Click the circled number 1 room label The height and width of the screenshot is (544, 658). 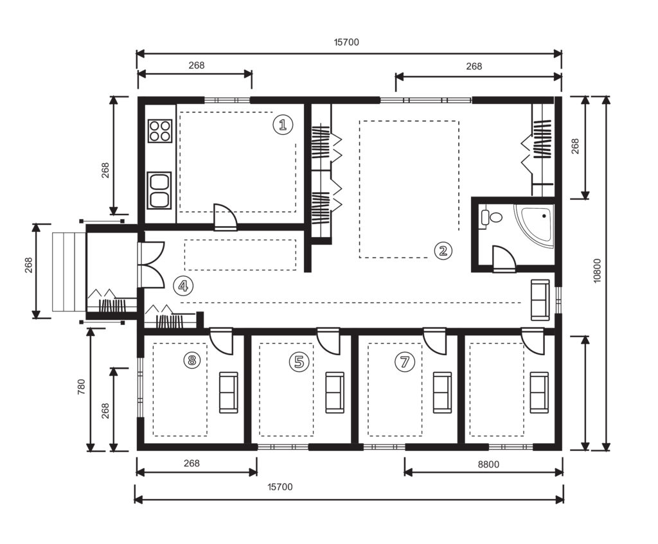tap(283, 125)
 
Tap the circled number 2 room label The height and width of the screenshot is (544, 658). tap(443, 250)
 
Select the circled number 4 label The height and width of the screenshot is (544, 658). tap(183, 286)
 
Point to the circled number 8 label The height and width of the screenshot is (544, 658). tap(192, 360)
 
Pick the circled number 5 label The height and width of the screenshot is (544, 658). tap(299, 361)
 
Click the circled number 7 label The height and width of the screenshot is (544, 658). tap(405, 361)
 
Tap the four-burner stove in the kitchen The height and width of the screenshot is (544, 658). tap(160, 131)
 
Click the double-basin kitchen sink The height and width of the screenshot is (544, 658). tap(159, 190)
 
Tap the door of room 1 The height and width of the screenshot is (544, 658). tap(226, 217)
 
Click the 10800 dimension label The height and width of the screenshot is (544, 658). tap(598, 270)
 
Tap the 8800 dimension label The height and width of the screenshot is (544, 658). tap(488, 464)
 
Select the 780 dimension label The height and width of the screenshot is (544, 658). tap(82, 386)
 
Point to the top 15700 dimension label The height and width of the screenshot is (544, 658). tap(346, 42)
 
